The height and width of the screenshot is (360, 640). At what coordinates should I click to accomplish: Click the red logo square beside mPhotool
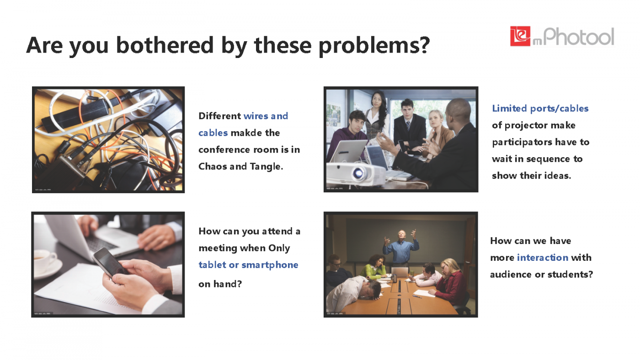tap(520, 36)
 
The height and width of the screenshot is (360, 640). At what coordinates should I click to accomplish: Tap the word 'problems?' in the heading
tap(374, 46)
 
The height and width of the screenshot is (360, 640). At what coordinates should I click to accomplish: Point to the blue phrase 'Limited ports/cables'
tap(540, 108)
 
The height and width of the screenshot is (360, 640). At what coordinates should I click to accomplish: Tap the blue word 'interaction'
tap(543, 258)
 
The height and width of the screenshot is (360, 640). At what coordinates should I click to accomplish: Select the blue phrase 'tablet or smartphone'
tap(248, 265)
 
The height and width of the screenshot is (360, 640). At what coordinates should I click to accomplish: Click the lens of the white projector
tap(358, 173)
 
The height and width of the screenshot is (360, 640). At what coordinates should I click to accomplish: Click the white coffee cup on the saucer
tap(45, 259)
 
